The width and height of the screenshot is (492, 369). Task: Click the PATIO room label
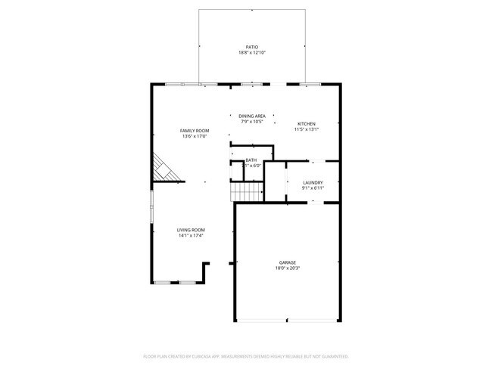click(x=252, y=47)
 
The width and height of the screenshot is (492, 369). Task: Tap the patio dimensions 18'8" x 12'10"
click(x=252, y=53)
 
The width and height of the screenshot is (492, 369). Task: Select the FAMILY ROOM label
click(x=195, y=131)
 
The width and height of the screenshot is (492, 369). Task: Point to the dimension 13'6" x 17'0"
click(x=195, y=137)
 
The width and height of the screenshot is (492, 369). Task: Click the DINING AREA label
click(x=252, y=116)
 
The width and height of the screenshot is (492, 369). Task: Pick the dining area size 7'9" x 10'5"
click(x=252, y=122)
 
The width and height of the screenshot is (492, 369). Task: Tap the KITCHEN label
click(x=306, y=124)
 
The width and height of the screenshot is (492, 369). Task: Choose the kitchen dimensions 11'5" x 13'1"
click(x=306, y=129)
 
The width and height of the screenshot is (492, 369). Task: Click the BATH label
click(x=251, y=160)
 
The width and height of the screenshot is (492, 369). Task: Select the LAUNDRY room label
click(x=313, y=182)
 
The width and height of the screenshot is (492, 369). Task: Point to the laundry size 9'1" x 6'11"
click(x=313, y=188)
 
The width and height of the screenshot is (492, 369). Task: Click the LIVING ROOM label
click(x=191, y=230)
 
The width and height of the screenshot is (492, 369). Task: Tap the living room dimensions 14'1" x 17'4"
click(x=191, y=236)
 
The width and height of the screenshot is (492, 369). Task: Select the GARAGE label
click(x=287, y=262)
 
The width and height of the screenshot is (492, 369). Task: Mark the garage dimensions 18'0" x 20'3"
click(x=287, y=268)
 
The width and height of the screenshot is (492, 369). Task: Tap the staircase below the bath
click(x=247, y=193)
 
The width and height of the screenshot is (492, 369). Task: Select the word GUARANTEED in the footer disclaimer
click(x=332, y=355)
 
